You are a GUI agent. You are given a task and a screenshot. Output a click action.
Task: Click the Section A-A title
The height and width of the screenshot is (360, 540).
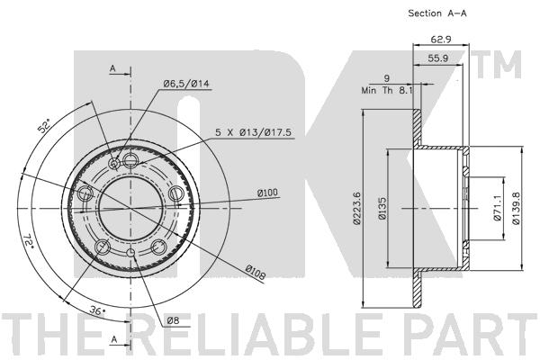pos(437,13)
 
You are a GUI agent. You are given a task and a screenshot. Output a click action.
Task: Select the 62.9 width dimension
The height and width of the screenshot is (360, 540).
pos(441,40)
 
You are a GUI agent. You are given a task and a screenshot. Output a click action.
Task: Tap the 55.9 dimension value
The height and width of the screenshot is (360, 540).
pos(437,58)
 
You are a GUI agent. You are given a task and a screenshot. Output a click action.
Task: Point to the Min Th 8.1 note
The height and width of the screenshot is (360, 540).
pos(387,91)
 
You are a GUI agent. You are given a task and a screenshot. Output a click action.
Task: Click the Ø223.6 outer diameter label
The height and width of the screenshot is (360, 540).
pos(357,209)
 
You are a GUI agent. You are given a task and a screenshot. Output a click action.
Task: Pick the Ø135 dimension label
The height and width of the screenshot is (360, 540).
pos(382,209)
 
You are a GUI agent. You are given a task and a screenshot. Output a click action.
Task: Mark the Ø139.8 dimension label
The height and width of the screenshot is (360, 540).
pos(516,208)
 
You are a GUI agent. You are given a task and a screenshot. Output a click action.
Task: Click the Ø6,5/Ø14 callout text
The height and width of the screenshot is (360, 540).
pos(186,84)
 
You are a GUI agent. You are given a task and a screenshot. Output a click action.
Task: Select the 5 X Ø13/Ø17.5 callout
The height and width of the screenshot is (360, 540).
pos(254,132)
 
